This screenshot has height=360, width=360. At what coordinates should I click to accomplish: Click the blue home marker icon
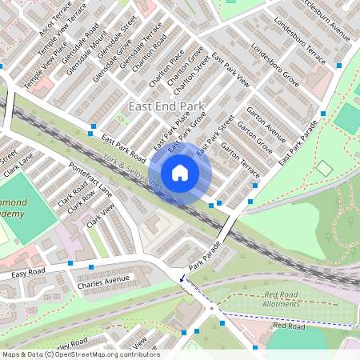pyautogui.click(x=180, y=173)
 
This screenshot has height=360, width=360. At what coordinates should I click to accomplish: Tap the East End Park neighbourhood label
pyautogui.click(x=166, y=106)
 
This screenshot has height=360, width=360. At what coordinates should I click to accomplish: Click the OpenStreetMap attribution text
pyautogui.click(x=80, y=354)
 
